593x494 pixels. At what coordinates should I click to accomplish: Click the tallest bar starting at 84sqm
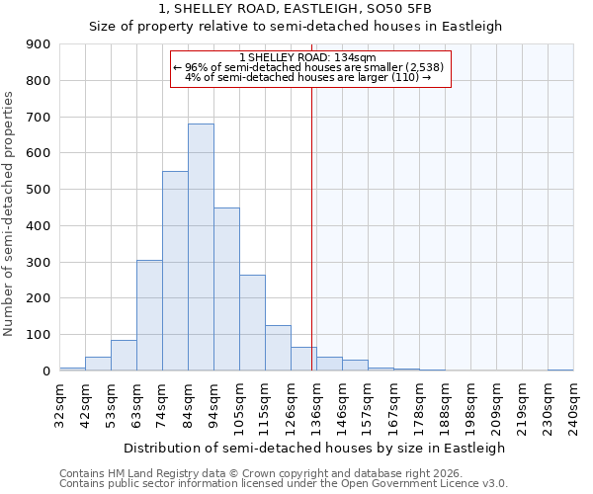click(201, 247)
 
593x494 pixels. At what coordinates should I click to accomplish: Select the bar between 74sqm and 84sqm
click(175, 271)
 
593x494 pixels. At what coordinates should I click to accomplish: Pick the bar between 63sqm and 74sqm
click(149, 315)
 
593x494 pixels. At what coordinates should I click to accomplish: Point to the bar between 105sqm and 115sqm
click(252, 322)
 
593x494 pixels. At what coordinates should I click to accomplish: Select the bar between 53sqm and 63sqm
click(124, 356)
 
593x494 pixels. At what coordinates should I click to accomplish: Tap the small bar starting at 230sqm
click(560, 370)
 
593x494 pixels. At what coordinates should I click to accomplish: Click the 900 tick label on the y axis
click(39, 44)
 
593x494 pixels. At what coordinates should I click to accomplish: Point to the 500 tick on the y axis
click(39, 190)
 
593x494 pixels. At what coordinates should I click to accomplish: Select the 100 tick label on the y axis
click(39, 335)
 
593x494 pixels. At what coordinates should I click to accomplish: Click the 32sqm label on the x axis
click(60, 402)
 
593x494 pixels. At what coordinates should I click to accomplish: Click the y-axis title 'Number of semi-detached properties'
click(10, 213)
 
